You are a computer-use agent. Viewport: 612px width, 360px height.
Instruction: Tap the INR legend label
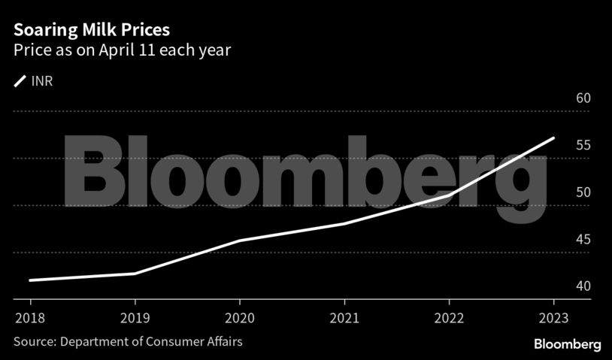(x=42, y=80)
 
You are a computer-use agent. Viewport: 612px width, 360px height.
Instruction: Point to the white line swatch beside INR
(x=20, y=80)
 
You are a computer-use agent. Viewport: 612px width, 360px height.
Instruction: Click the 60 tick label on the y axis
(x=583, y=98)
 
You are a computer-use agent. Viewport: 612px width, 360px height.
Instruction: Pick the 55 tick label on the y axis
(x=583, y=145)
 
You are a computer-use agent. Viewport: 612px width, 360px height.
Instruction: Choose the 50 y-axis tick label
(x=583, y=192)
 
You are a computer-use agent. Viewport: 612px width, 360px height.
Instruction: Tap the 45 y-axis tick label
(x=583, y=240)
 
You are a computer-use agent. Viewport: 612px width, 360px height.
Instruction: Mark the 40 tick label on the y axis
(x=583, y=286)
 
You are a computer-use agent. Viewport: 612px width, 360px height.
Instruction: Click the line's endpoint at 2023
(x=553, y=138)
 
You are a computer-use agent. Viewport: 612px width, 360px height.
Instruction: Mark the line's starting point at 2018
(x=30, y=280)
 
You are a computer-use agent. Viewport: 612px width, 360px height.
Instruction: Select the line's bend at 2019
(x=135, y=274)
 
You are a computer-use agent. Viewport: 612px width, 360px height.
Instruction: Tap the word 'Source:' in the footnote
(x=34, y=342)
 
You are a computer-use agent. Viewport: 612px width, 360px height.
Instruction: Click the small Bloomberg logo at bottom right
(x=567, y=344)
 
